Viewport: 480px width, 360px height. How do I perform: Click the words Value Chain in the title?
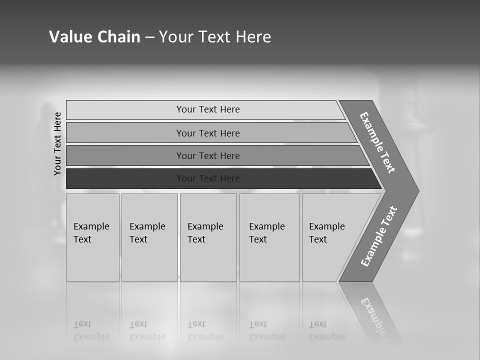tap(94, 37)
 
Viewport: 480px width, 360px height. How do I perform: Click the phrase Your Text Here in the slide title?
tap(215, 37)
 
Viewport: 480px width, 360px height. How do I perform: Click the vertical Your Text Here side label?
tap(57, 144)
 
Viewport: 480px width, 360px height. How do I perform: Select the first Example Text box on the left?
tap(92, 238)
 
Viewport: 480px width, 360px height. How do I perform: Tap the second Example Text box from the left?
tap(149, 238)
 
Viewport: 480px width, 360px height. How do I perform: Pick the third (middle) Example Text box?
tap(208, 238)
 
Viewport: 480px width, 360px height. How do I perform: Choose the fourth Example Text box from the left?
tap(269, 238)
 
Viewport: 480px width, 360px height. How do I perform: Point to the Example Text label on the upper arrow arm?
tap(377, 142)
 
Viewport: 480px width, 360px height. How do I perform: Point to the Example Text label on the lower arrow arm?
tap(379, 236)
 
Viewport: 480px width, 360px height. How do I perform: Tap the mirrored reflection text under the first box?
tap(91, 330)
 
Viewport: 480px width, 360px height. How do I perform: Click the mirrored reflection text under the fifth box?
tap(326, 330)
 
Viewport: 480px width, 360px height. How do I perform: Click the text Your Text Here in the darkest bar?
tap(208, 178)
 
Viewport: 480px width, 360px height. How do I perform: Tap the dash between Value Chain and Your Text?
tap(149, 37)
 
